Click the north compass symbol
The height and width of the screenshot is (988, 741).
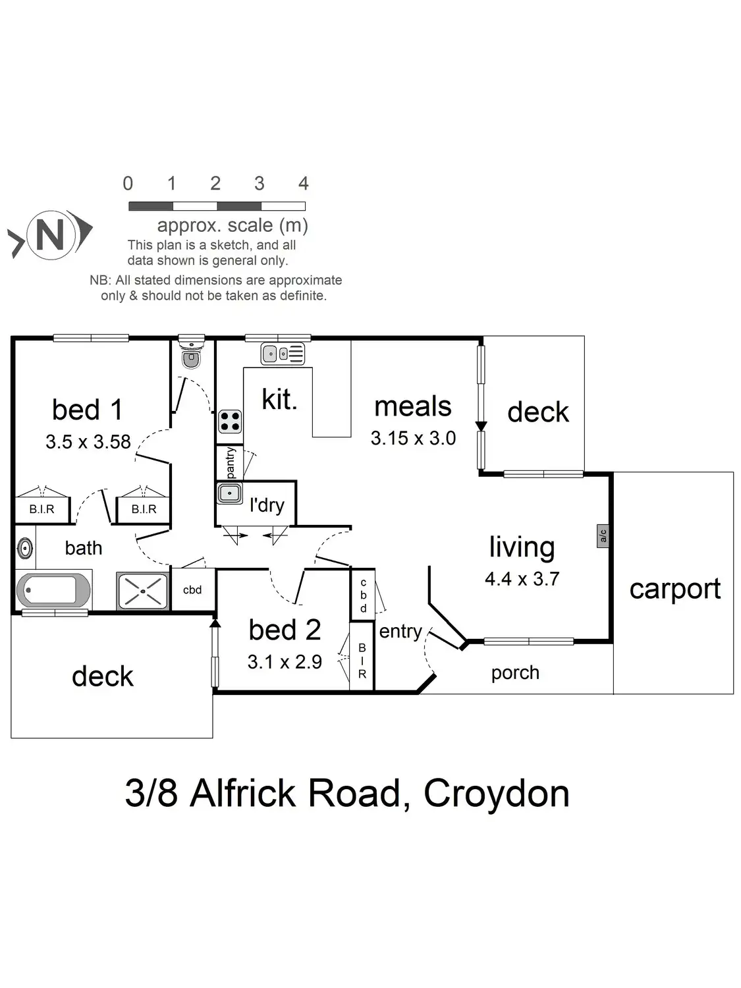(50, 235)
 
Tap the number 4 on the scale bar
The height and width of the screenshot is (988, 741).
(303, 183)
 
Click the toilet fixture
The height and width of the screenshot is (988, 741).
(192, 353)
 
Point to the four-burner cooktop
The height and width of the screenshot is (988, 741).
(230, 422)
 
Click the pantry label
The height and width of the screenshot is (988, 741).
(230, 462)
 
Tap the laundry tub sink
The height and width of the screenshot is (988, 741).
(230, 493)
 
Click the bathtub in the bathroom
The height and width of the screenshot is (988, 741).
(53, 590)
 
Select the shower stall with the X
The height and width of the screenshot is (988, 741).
(143, 591)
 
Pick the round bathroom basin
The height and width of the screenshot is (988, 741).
(25, 549)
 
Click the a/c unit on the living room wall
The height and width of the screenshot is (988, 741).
(603, 535)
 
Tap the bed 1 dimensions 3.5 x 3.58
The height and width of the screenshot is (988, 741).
(88, 441)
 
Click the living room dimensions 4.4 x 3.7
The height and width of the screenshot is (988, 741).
(522, 579)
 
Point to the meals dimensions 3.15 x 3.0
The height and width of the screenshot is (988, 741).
(413, 438)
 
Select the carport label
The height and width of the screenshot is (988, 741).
(675, 590)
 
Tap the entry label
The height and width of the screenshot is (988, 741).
(400, 632)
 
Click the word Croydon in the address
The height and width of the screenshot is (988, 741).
(496, 794)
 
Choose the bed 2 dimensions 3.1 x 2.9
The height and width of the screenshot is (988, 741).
(285, 662)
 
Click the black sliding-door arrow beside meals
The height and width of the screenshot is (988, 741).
(481, 425)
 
